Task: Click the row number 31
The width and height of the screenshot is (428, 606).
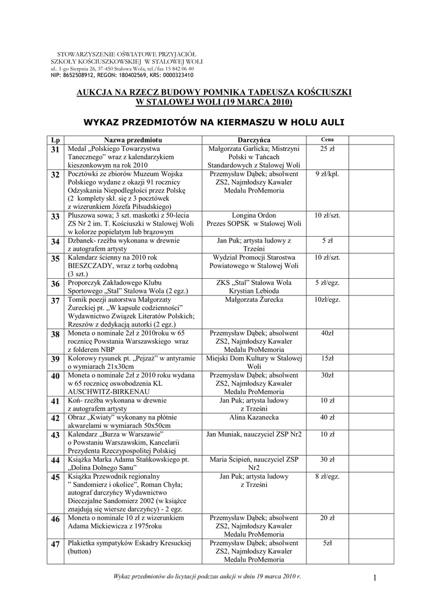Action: point(56,150)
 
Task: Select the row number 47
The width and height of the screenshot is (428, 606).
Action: point(56,544)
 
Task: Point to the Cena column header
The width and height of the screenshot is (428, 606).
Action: point(327,138)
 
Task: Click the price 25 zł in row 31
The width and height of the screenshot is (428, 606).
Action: point(327,149)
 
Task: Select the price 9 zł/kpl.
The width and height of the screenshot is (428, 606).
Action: point(327,174)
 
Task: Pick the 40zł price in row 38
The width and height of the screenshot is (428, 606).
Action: point(327,334)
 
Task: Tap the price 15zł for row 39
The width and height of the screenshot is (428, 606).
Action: point(327,359)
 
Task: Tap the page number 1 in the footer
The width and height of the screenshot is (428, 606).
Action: point(375,577)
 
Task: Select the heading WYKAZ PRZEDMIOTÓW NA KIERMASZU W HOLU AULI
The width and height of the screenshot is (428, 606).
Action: point(214,122)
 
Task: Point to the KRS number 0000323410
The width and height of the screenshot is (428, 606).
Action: point(176,76)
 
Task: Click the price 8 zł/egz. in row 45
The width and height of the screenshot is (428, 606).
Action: point(327,476)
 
